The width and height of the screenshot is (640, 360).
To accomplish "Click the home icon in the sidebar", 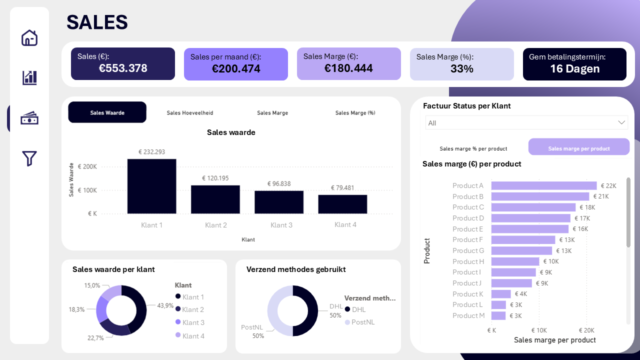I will point(29,38).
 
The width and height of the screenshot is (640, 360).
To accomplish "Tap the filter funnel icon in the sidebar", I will point(29,158).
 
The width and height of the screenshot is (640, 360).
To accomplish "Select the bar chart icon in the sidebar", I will point(29,77).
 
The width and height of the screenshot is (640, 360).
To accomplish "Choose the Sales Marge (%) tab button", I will point(355,113).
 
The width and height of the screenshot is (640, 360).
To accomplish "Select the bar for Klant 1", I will point(151,186).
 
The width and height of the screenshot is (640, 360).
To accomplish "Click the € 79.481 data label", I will point(342,188).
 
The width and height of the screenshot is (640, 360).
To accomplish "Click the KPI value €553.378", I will point(123,68).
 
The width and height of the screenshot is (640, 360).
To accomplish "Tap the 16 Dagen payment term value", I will point(574,69).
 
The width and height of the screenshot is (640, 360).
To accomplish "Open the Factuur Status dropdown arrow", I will point(621,122).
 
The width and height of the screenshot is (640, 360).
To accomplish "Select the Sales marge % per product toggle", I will point(473,148).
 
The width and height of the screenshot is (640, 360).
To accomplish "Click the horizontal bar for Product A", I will point(543,185).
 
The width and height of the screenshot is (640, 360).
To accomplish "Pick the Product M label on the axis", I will point(468,315).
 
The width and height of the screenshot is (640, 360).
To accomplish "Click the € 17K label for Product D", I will point(582,218).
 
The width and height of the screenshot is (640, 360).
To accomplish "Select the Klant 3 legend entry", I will point(193,322).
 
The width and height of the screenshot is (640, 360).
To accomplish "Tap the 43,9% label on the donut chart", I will point(165,305).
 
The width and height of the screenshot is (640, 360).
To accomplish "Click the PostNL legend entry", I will point(362,322).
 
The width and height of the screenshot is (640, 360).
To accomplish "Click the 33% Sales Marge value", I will point(461,69).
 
